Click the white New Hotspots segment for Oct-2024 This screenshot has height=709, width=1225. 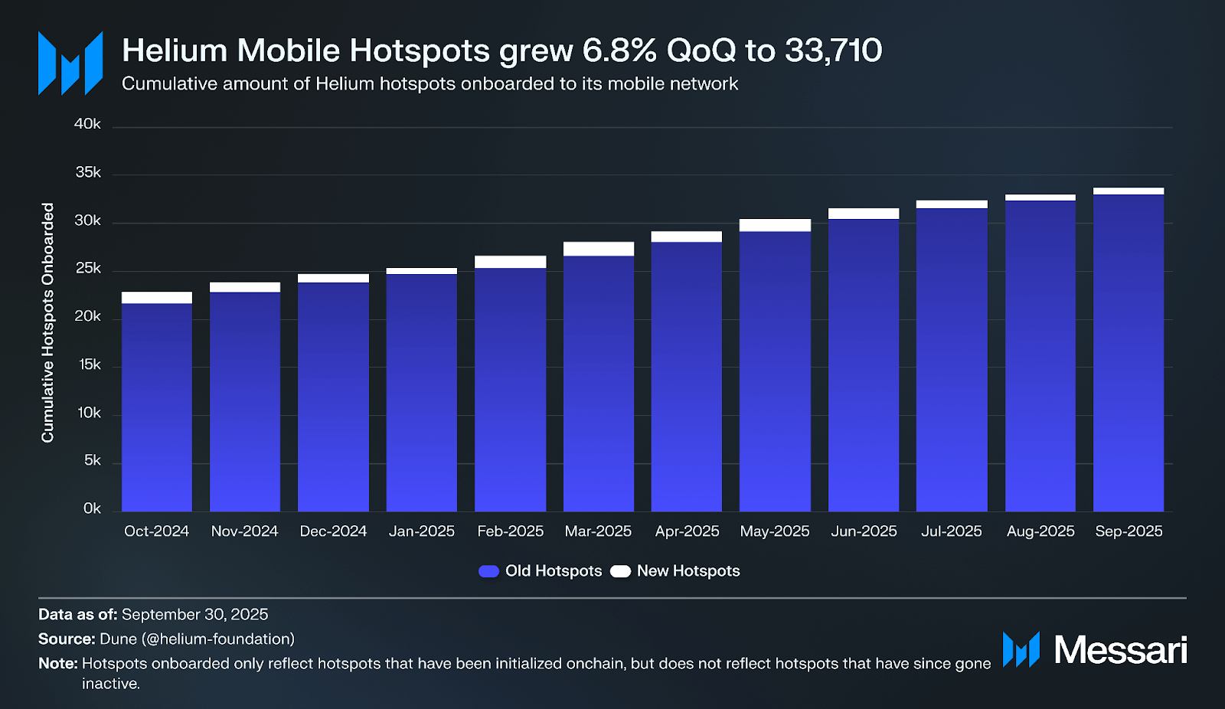click(x=157, y=298)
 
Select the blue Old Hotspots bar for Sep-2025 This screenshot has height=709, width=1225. click(x=1129, y=352)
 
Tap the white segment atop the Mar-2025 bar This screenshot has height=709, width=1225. click(x=599, y=249)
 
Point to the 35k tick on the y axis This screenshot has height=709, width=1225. click(x=88, y=173)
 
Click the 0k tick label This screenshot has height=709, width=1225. click(x=92, y=509)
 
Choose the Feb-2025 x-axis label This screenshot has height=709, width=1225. click(x=510, y=531)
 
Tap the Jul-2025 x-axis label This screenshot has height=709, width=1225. click(x=952, y=531)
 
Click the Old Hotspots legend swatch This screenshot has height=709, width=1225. click(x=488, y=571)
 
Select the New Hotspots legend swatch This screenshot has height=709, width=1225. click(x=620, y=571)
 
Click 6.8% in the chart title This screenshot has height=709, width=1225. click(x=619, y=51)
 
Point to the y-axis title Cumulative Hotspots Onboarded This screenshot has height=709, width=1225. click(x=48, y=322)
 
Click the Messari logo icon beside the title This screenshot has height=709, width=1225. click(x=70, y=64)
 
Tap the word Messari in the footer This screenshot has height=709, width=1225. click(x=1120, y=650)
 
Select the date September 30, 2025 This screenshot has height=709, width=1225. click(x=194, y=615)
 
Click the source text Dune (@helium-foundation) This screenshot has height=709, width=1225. click(x=197, y=639)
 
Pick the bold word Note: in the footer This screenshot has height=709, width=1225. click(x=58, y=664)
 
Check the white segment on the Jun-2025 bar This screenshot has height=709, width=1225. click(x=864, y=214)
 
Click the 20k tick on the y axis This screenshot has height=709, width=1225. click(x=88, y=317)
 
